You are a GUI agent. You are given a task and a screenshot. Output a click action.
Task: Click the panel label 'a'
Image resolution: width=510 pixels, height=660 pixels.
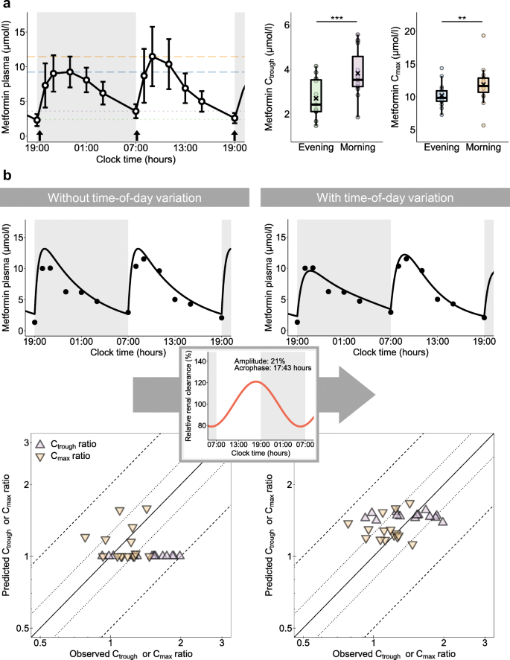tap(6, 6)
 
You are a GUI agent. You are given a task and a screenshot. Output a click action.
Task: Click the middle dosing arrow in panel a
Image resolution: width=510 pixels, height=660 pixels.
tap(136, 135)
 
